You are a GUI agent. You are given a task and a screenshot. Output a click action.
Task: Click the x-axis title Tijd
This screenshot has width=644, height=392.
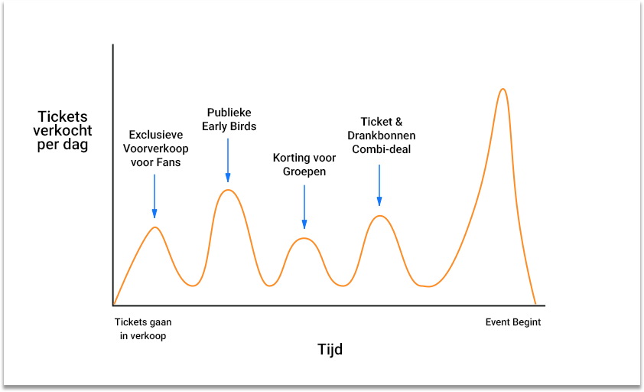(330, 350)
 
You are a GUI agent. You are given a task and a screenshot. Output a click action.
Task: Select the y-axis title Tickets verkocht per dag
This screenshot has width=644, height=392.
(63, 130)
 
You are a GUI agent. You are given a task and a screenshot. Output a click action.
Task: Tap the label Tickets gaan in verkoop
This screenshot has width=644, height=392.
(143, 328)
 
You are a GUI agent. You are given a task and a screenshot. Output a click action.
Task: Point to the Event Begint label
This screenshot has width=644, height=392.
(513, 322)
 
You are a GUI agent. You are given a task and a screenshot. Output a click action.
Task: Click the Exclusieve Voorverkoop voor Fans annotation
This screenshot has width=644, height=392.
(156, 149)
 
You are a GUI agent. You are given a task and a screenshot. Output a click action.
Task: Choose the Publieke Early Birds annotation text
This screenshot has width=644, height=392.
(229, 119)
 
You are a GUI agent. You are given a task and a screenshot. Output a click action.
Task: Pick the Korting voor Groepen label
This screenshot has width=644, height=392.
(304, 165)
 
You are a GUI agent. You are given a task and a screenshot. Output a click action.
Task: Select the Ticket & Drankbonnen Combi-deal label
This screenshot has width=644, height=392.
(381, 136)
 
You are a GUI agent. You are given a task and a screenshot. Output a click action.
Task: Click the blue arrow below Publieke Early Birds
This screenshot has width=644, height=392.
(228, 160)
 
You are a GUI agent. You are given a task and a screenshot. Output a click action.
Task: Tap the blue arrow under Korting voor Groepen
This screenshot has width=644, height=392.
(304, 207)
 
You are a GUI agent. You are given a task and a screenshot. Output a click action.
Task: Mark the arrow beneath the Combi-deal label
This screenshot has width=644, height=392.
(379, 185)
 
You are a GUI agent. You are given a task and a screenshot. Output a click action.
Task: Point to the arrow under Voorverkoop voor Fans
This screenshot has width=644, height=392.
(154, 196)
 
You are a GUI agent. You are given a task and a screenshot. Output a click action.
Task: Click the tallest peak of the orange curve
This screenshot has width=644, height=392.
(503, 89)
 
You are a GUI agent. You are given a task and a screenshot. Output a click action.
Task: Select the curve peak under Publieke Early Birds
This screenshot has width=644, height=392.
(228, 190)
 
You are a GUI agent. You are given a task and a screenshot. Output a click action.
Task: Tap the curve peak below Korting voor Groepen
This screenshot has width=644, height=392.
(304, 239)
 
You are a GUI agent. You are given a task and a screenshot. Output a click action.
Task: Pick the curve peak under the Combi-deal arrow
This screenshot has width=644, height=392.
(380, 216)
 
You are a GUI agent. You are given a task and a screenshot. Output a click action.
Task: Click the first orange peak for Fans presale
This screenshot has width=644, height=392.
(154, 227)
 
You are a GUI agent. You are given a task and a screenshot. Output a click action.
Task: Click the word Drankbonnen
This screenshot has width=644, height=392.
(381, 136)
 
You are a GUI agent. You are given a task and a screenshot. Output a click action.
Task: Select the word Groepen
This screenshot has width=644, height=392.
(304, 171)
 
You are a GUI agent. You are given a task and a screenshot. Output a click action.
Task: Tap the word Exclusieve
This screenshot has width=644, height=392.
(156, 135)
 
